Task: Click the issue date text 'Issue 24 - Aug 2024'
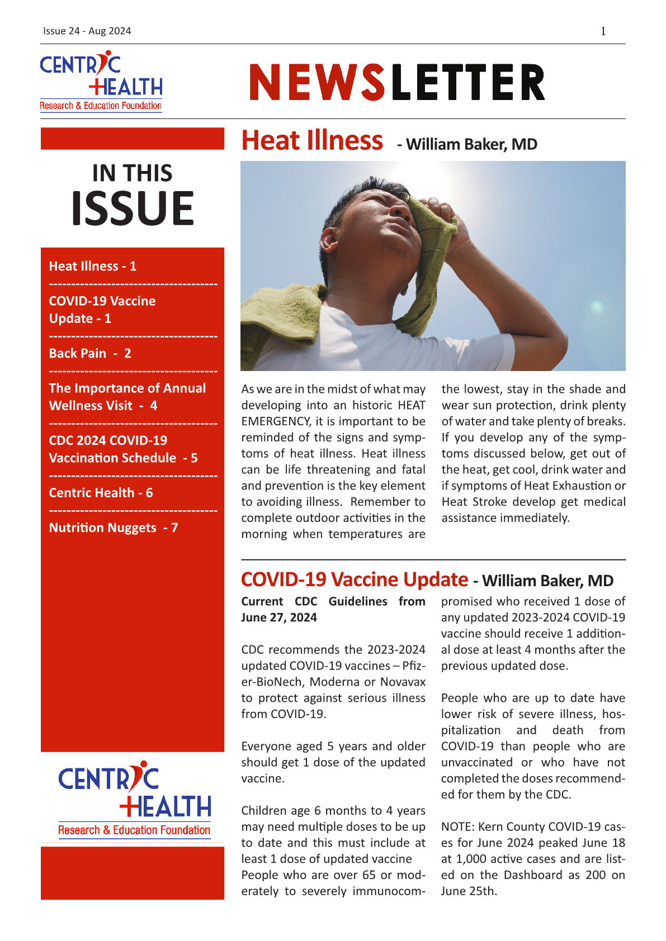87,31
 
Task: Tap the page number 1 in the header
603,31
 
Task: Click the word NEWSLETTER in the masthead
396,82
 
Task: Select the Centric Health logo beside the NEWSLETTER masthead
101,82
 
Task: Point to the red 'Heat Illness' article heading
311,140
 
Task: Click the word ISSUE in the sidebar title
133,208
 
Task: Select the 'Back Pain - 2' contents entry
90,353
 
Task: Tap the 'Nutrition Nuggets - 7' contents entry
113,527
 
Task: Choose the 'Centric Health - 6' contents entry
101,492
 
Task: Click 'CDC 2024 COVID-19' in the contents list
108,440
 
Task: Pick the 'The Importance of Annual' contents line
127,388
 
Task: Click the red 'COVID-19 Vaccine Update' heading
354,579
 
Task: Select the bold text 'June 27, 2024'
278,617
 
